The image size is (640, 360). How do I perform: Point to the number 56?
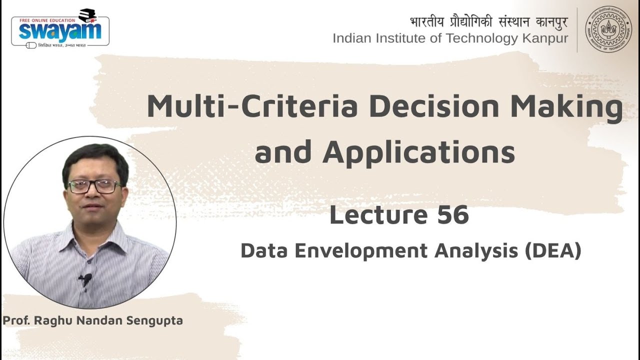[x=453, y=215]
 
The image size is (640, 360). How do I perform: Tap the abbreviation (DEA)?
[x=552, y=251]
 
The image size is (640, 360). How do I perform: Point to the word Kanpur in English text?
[x=543, y=38]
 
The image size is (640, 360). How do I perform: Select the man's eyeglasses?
[x=94, y=186]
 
